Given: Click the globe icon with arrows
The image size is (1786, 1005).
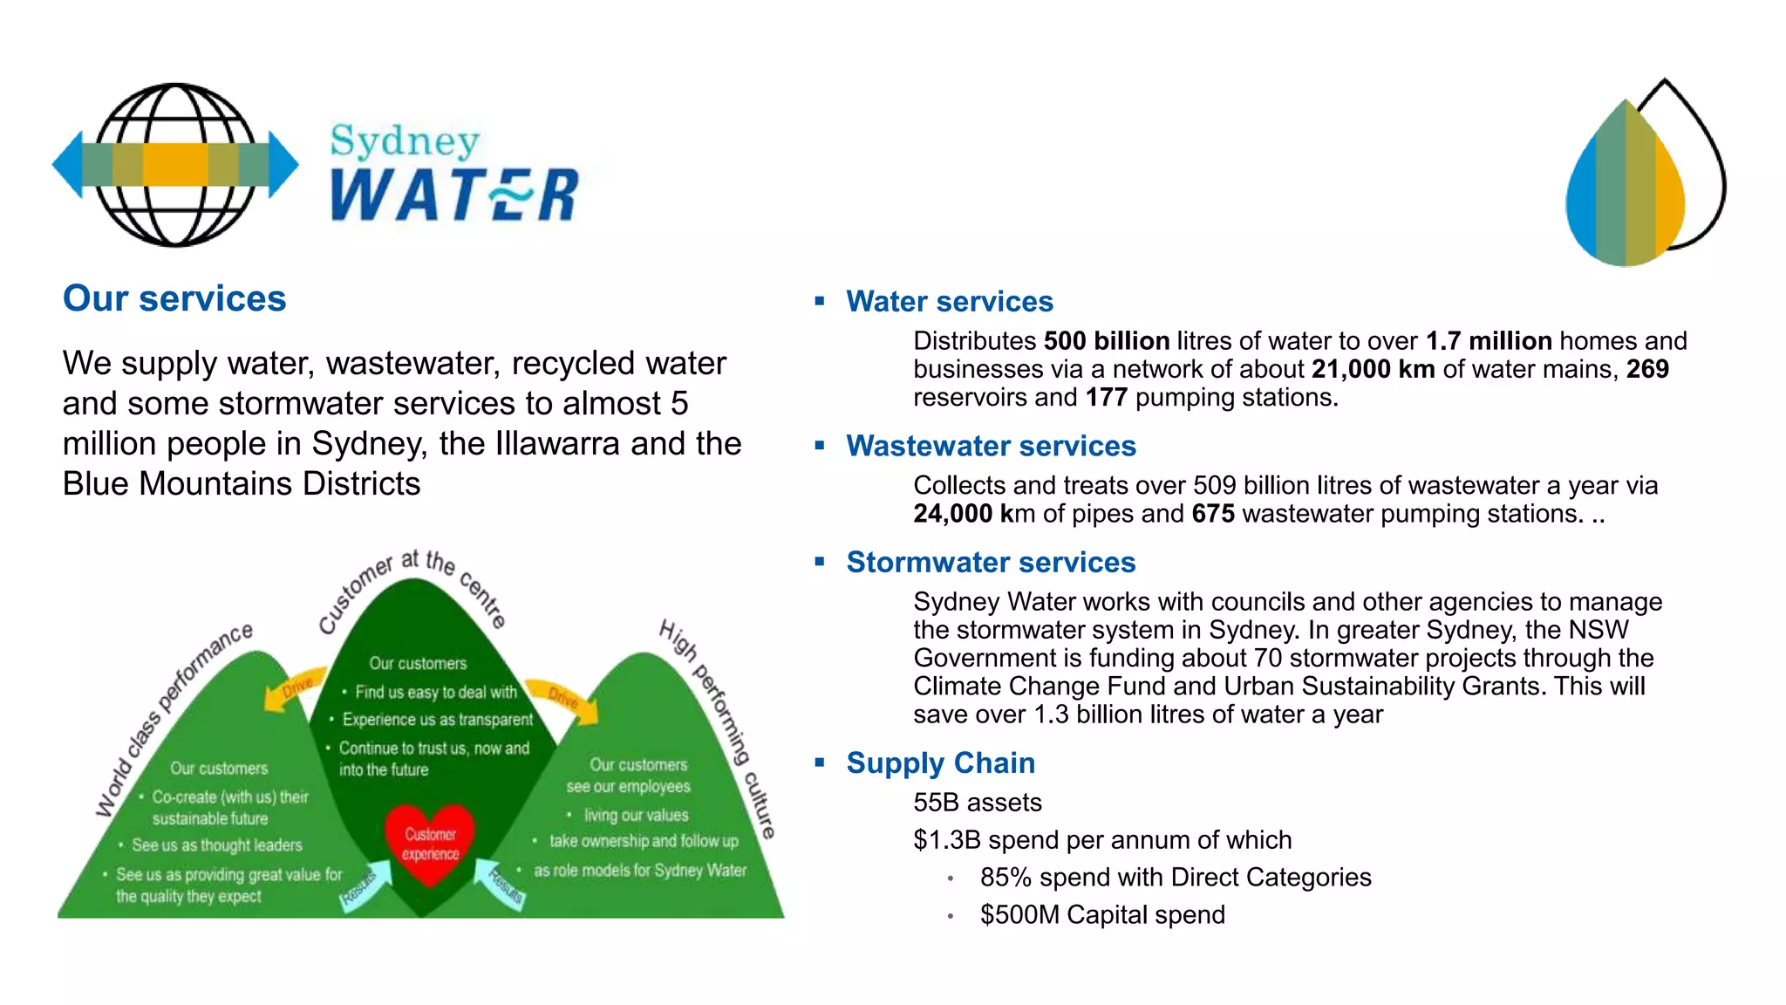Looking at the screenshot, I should point(175,164).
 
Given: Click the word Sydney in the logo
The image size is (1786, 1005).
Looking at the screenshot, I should point(405,140).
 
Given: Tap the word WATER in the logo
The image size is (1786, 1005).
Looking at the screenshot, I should point(454,195).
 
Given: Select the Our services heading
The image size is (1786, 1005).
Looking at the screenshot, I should point(174,298).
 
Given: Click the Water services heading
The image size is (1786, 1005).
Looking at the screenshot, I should point(949,302).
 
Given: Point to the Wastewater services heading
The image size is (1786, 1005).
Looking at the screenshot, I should point(991,447).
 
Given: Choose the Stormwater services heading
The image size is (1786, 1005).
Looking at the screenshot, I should point(991,563).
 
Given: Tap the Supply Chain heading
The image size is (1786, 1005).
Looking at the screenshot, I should point(940,763).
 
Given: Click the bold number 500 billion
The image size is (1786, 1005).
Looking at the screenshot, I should point(1106,341).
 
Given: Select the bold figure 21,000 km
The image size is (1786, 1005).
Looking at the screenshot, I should point(1373,369).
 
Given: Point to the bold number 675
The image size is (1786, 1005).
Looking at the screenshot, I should point(1213,514).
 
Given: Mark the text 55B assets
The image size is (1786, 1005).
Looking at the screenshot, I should point(977,803).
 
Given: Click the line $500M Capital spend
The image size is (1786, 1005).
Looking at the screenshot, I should point(1102,915).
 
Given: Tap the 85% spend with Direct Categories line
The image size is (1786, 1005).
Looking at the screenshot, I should point(1175,878).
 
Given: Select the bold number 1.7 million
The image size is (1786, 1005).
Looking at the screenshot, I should point(1489,341).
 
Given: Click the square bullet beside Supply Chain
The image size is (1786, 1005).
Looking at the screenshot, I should point(820,762).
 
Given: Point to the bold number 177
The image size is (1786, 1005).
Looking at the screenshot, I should point(1106,398).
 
